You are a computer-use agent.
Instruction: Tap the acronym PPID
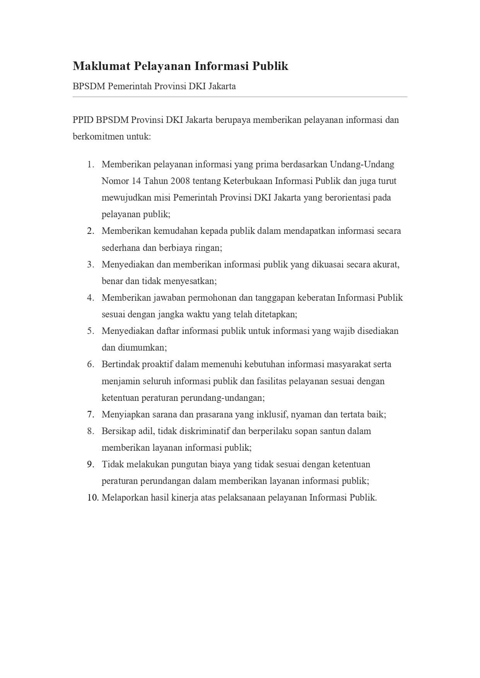pos(83,120)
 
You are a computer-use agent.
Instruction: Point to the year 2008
pos(180,181)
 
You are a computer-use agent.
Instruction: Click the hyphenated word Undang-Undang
pos(362,164)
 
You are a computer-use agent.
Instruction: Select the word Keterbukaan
pos(248,181)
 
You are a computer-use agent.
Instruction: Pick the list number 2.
pos(91,231)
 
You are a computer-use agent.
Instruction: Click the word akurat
pos(386,264)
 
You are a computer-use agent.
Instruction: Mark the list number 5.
pos(91,331)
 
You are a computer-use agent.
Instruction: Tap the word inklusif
pos(272,414)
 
